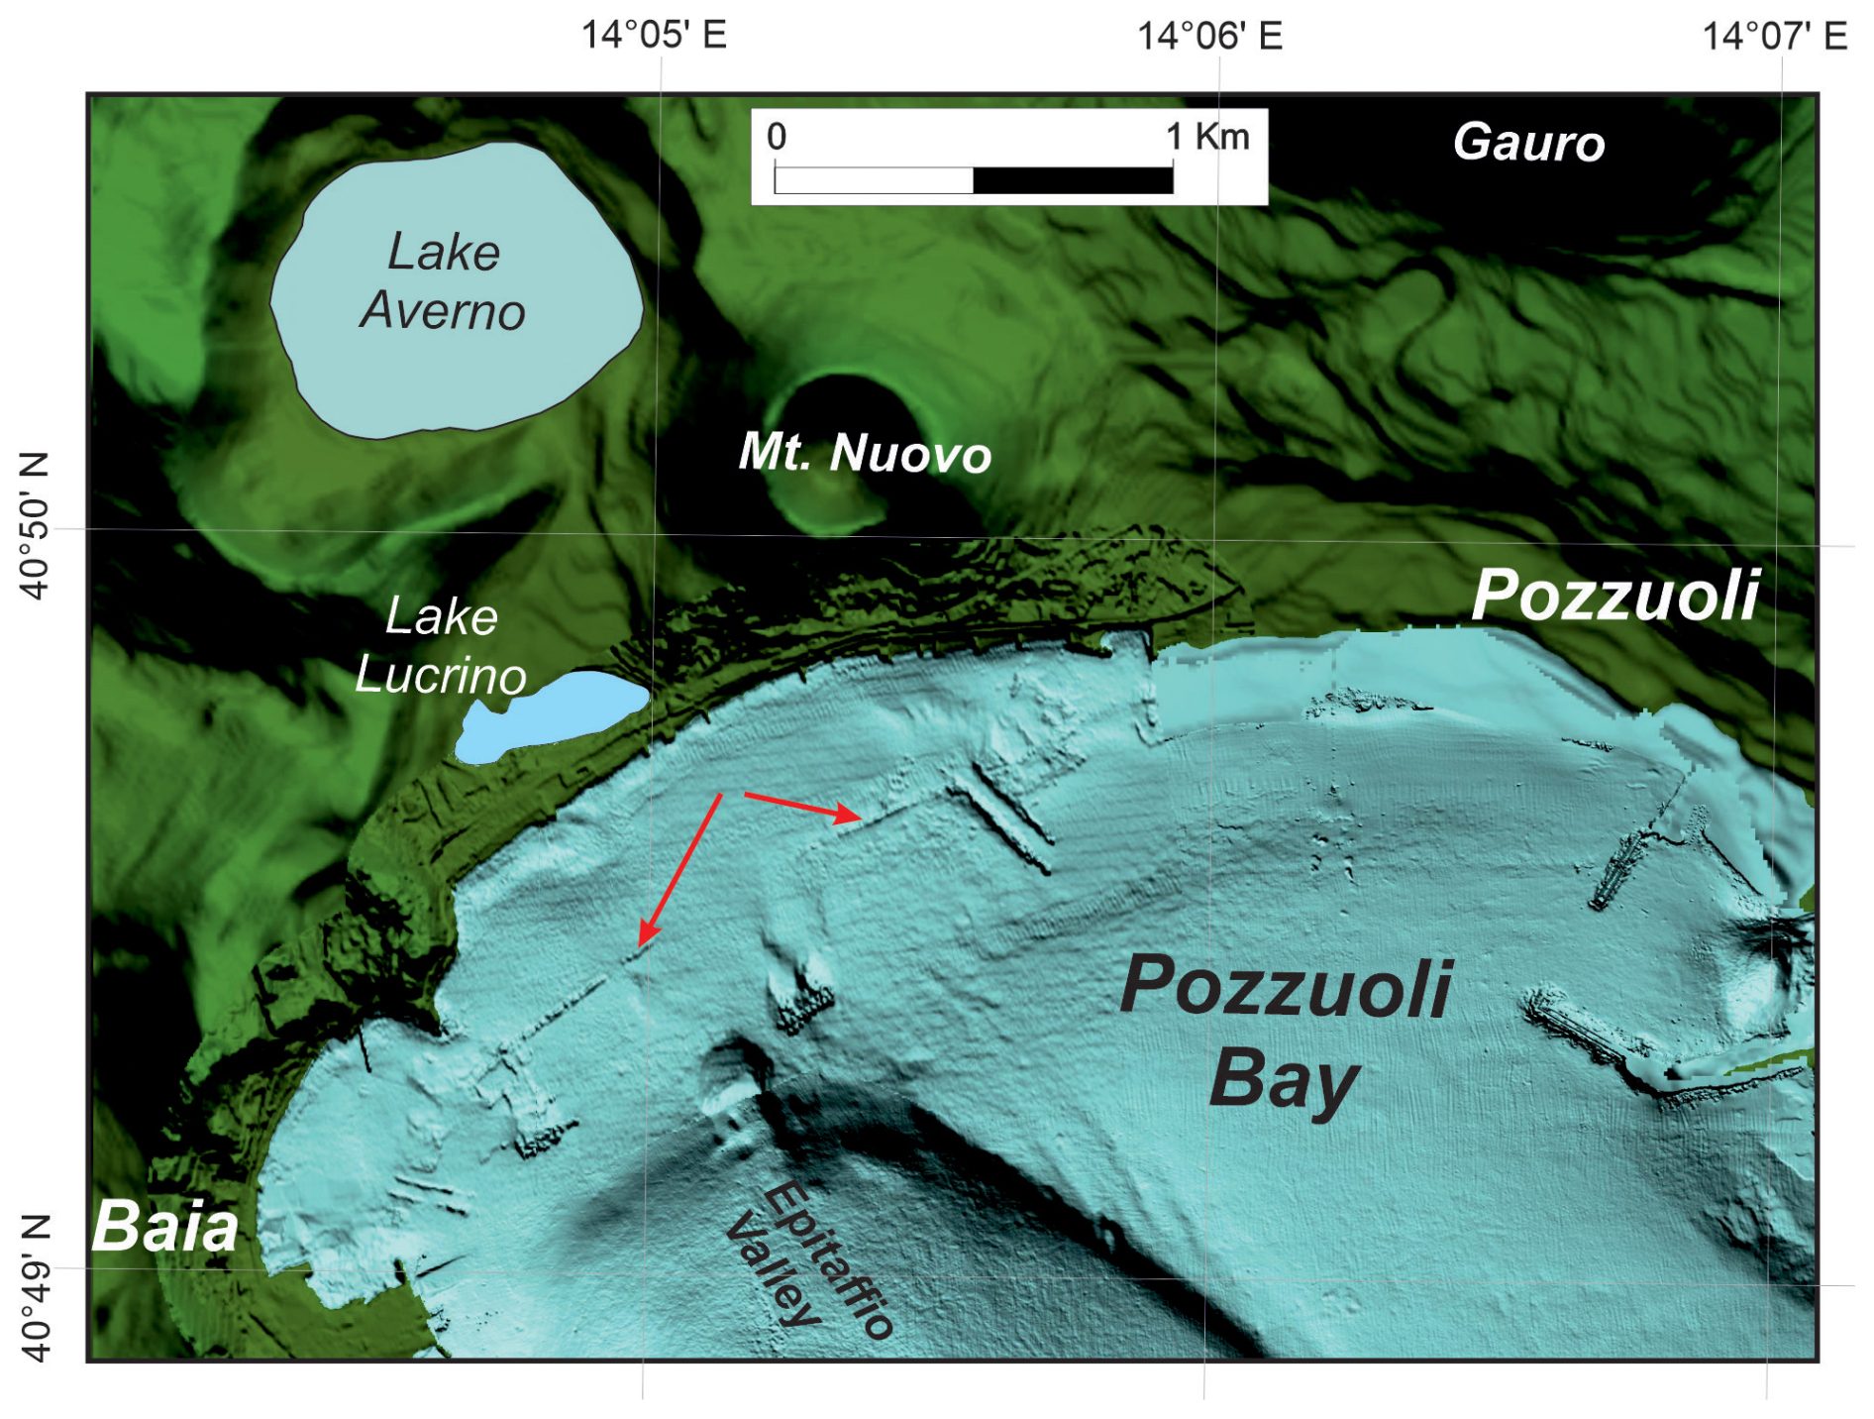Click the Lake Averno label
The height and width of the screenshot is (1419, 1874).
(x=443, y=281)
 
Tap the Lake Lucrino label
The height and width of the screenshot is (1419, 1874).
(x=441, y=646)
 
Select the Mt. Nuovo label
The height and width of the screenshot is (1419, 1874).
(x=865, y=454)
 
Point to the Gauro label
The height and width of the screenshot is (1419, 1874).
(x=1528, y=143)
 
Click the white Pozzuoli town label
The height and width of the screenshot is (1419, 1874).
(x=1614, y=596)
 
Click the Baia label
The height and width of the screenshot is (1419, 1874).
(x=165, y=1227)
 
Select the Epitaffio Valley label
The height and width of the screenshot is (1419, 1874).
(x=807, y=1258)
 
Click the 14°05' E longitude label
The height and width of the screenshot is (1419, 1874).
(x=654, y=36)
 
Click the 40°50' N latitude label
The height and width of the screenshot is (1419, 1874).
(x=35, y=526)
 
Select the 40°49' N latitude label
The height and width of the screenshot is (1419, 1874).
(x=35, y=1287)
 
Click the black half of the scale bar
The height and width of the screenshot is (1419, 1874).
(x=1073, y=180)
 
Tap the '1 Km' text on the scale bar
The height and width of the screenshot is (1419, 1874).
(x=1207, y=137)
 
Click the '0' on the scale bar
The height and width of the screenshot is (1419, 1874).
(x=777, y=137)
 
